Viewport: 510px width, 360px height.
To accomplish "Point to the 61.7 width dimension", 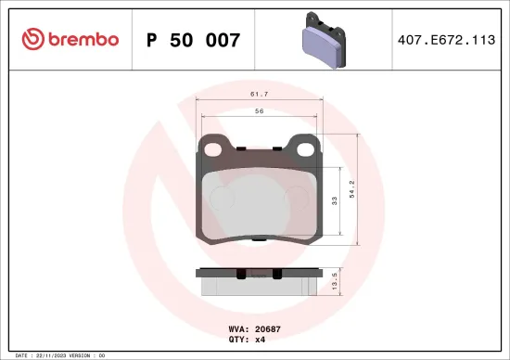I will [259, 95].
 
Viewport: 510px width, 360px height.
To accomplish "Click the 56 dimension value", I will [259, 111].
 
